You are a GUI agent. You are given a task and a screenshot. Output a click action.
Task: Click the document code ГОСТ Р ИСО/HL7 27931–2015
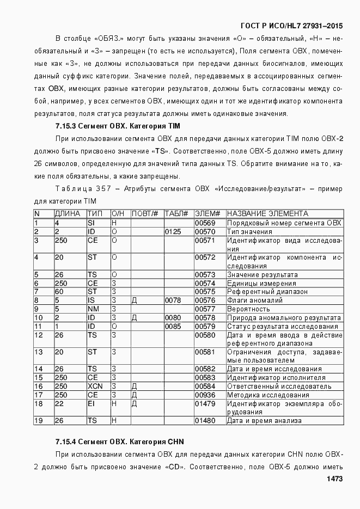point(291,26)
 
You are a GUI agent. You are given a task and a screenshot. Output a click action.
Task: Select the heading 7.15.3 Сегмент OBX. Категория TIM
point(118,126)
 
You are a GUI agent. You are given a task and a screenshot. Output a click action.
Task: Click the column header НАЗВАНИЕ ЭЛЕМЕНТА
point(267,214)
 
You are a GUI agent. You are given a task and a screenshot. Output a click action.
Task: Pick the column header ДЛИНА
point(68,214)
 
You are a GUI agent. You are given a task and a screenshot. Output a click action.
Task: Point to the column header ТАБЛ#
point(176,214)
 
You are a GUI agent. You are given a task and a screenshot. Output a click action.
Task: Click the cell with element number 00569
point(205,223)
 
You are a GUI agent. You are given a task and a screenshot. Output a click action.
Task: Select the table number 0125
point(173,231)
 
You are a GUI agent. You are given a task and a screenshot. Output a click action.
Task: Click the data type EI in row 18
point(91,403)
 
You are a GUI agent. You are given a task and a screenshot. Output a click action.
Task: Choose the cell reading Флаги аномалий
point(254,300)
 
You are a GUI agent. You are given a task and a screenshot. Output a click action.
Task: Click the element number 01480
point(205,420)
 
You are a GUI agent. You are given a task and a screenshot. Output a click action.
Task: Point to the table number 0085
point(173,326)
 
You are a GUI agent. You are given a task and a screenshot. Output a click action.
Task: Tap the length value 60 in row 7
point(59,291)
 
